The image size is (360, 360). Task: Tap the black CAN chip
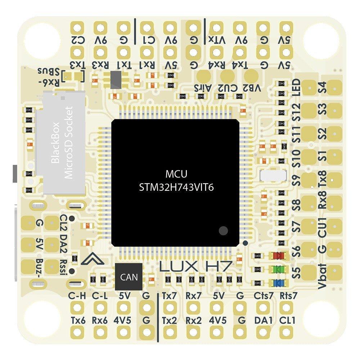click(129, 277)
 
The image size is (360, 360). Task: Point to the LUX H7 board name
click(196, 267)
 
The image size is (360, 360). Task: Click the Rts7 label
click(288, 296)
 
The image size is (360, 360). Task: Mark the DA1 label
click(263, 320)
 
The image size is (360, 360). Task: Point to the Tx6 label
click(78, 320)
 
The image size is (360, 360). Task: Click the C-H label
click(77, 296)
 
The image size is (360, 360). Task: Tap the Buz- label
click(39, 268)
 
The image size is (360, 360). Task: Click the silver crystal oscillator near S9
click(273, 176)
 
